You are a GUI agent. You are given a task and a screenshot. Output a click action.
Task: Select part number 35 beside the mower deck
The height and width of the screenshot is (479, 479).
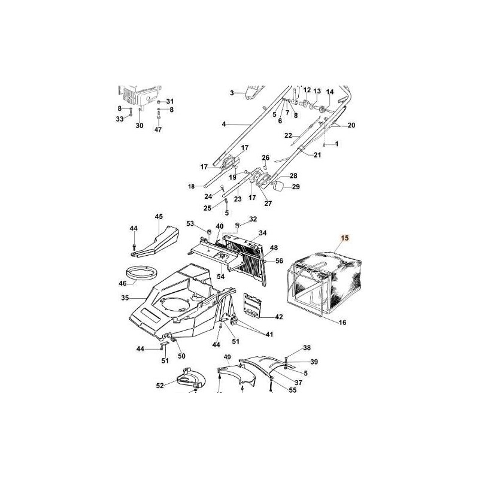[x=125, y=297]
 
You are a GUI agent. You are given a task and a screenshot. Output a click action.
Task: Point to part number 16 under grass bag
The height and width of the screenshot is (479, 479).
[x=343, y=323]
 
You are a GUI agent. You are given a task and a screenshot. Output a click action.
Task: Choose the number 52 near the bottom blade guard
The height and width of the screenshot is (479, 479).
[x=160, y=386]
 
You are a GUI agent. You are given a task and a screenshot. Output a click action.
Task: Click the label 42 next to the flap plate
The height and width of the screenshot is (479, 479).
[x=278, y=316]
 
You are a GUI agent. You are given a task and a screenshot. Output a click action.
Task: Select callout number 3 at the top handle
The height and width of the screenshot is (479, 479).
[x=232, y=93]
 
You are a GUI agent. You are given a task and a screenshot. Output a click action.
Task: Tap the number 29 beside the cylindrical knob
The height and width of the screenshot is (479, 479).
[x=296, y=187]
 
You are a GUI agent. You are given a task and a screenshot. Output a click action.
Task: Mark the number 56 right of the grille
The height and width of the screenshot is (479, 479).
[x=279, y=260]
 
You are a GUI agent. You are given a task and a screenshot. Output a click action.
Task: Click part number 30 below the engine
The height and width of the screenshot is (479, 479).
[x=140, y=126]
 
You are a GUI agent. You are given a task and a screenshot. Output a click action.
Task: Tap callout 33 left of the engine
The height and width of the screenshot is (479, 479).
[x=120, y=119]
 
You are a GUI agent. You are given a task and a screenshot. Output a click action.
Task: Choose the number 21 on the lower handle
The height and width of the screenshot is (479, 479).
[x=317, y=155]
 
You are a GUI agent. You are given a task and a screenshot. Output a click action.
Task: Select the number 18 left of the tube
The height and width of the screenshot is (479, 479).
[x=191, y=187]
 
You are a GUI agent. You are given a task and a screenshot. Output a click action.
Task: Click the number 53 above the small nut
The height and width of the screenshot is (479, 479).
[x=190, y=223]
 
